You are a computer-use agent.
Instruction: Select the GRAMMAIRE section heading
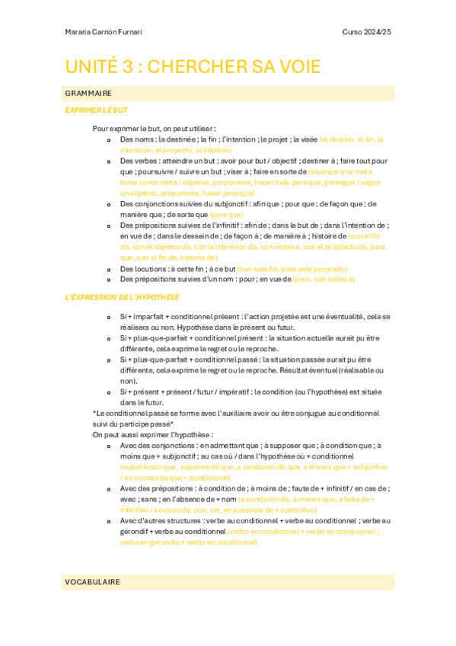coord(88,94)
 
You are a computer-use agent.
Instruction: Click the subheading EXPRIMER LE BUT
coord(96,110)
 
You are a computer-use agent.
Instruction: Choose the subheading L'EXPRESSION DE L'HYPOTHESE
coord(123,296)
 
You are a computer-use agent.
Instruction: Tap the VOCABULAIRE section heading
coord(92,582)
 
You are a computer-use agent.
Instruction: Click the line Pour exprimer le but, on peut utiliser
coord(154,129)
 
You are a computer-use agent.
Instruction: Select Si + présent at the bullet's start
coord(142,392)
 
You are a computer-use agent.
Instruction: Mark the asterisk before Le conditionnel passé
coord(94,413)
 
